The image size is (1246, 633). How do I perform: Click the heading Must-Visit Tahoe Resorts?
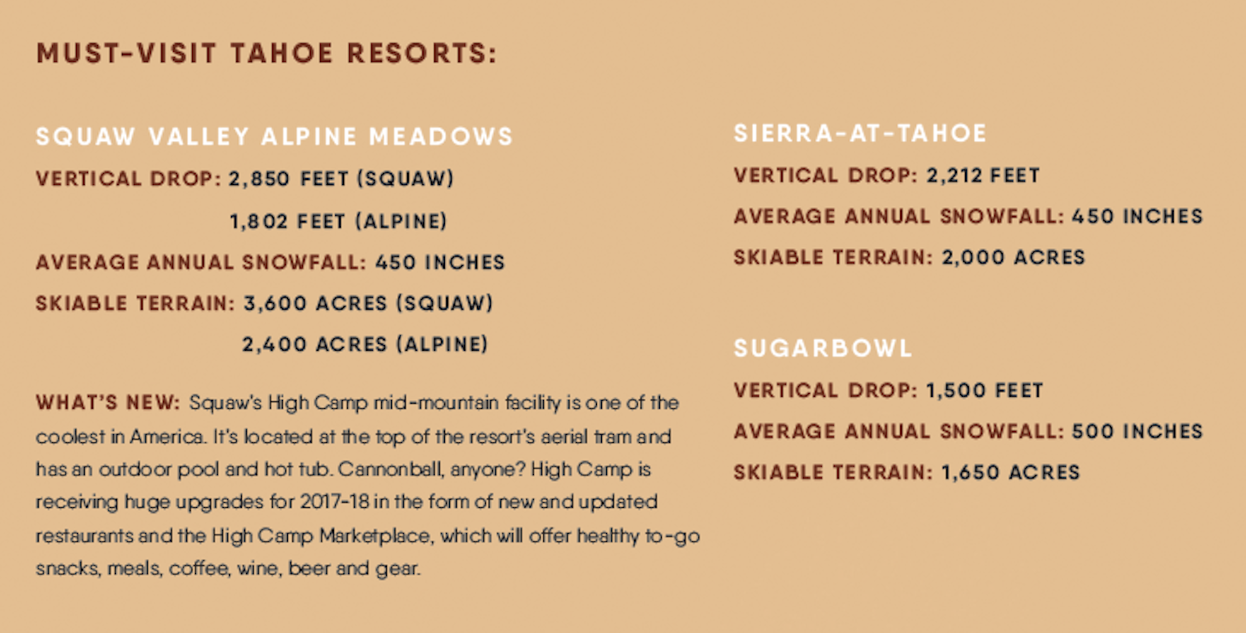point(267,53)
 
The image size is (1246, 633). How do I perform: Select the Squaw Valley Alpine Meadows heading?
point(274,136)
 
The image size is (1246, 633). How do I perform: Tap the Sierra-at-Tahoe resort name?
point(860,133)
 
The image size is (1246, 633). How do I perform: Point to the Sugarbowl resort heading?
point(823,348)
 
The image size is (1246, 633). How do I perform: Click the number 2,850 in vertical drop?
point(259,179)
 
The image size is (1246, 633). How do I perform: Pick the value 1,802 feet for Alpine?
point(259,222)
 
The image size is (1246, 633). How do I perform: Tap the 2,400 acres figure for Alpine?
point(274,345)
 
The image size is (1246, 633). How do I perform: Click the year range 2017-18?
point(335,502)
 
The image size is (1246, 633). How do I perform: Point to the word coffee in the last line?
point(199,568)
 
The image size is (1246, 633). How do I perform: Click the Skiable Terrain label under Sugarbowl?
point(833,472)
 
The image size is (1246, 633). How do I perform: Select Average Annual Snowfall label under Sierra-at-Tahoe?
point(899,216)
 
